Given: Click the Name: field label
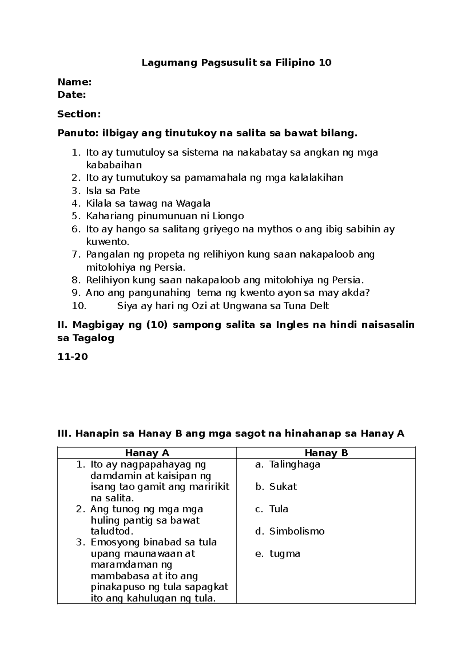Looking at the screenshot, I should coord(74,82).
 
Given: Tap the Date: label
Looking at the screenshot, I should coord(71,95).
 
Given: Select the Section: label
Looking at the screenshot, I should coord(79,114).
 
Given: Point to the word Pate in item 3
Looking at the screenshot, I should coord(130,191).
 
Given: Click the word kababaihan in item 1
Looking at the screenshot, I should coord(114,165).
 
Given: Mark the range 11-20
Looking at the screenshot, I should coord(73,357).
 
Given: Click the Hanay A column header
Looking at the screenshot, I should coord(147,453).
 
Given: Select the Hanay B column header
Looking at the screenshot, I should coord(326,453).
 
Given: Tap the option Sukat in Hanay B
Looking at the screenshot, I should coord(283,487).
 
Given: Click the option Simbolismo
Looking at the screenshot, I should coord(296,531).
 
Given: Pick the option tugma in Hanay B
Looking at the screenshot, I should coord(285,554).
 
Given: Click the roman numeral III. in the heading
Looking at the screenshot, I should coord(64,434).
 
